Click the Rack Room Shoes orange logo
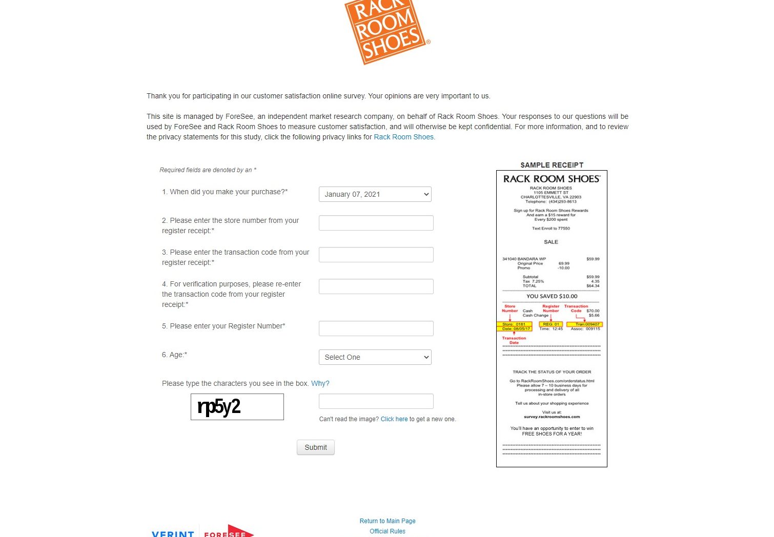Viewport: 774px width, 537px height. pos(387,31)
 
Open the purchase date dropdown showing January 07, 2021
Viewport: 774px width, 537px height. pos(375,194)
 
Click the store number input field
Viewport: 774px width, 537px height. pos(376,223)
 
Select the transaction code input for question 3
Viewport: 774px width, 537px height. pos(376,255)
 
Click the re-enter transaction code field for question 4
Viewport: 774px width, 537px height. pos(376,286)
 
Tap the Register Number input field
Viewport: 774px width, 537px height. pos(376,328)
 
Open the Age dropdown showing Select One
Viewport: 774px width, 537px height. pos(375,357)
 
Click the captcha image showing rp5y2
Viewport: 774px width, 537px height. pos(237,407)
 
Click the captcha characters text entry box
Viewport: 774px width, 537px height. pos(376,401)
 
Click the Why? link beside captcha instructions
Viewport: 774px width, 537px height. pos(320,383)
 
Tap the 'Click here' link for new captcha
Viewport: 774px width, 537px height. pos(394,419)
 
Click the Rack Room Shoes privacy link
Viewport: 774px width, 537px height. pos(403,137)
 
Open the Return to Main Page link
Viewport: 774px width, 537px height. pos(387,521)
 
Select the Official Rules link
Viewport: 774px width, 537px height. pos(387,531)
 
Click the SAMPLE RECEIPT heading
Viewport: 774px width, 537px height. pos(552,165)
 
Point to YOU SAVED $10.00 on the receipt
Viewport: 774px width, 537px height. pos(552,296)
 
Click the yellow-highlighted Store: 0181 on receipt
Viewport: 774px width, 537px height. pos(514,324)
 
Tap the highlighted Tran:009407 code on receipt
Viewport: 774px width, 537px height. pos(584,324)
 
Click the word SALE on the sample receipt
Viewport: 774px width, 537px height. pos(551,242)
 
